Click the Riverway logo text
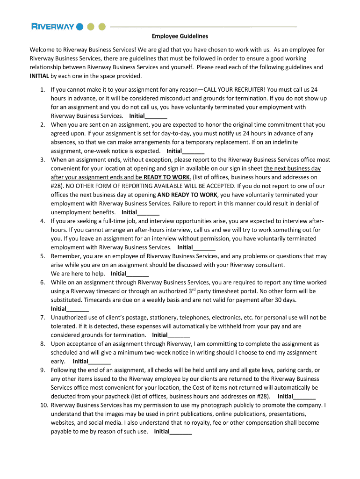(52, 26)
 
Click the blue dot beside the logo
(80, 26)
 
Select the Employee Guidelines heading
(180, 36)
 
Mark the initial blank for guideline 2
(193, 151)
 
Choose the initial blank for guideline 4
(204, 247)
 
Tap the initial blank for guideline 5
(137, 274)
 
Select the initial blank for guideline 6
(78, 309)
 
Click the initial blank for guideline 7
(179, 335)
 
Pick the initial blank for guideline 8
(100, 361)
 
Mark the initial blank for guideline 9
(304, 396)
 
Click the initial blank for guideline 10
(180, 432)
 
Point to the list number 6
(42, 283)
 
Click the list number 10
(41, 405)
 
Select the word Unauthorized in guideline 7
(69, 318)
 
